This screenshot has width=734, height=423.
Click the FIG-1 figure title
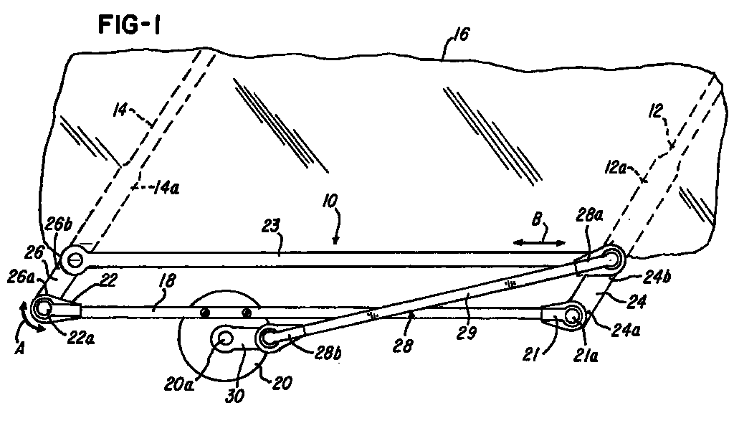tap(129, 25)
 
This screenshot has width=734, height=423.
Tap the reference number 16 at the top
tap(461, 34)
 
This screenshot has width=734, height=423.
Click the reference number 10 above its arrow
tap(330, 201)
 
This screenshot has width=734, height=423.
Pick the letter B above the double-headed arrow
tap(537, 219)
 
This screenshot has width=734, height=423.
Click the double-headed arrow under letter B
tap(539, 242)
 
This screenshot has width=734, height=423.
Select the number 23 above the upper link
tap(272, 226)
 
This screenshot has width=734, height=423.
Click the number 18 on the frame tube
tap(167, 280)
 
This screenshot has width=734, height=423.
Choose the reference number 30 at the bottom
tap(235, 396)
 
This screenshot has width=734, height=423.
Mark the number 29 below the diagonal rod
tap(466, 332)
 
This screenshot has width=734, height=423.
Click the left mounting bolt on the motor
tap(204, 313)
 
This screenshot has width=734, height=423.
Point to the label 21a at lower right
tap(586, 357)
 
